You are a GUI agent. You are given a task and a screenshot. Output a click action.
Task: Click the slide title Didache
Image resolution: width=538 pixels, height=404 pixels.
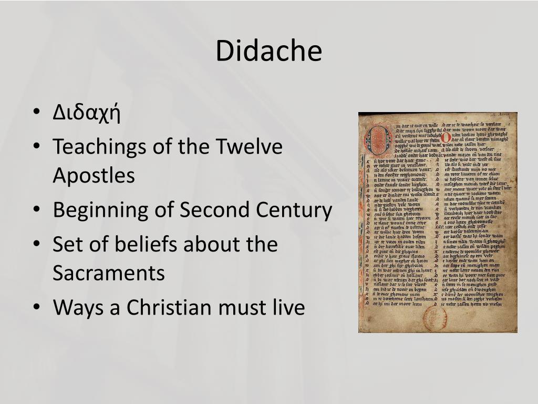[x=268, y=51]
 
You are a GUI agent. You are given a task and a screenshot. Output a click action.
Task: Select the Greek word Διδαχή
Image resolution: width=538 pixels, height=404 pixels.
[x=87, y=113]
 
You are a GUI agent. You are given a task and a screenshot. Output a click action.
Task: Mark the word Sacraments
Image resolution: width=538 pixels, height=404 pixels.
[x=109, y=274]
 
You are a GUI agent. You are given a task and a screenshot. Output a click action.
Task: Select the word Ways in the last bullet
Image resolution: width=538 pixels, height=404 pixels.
[x=78, y=307]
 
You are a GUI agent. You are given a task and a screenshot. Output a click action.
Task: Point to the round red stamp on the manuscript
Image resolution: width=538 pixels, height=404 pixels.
[x=436, y=318]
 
